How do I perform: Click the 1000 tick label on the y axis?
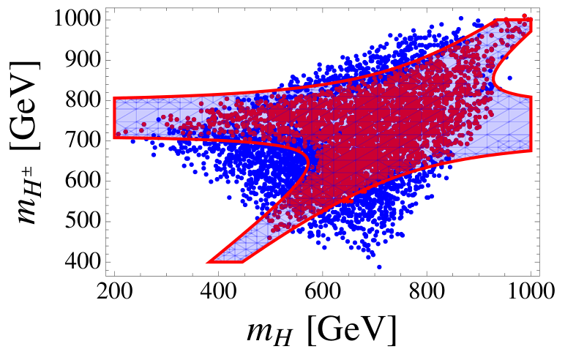(x=76, y=18)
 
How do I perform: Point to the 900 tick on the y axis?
(x=82, y=59)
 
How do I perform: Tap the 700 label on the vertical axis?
(x=82, y=140)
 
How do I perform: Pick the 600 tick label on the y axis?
(x=82, y=180)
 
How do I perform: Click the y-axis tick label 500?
(x=82, y=220)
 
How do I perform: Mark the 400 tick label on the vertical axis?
(x=82, y=261)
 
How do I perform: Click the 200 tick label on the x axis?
(x=115, y=291)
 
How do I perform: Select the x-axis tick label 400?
(x=218, y=291)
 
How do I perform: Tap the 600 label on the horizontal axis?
(x=323, y=291)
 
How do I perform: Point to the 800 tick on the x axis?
(x=427, y=291)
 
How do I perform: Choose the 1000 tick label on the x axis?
(x=531, y=291)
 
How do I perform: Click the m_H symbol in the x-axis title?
(x=269, y=332)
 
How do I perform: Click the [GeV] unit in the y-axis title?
(x=25, y=105)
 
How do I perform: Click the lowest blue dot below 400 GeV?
(x=379, y=267)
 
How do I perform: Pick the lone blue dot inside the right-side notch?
(x=510, y=78)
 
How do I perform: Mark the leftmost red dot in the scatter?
(x=118, y=134)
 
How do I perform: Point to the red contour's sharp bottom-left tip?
(x=207, y=263)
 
